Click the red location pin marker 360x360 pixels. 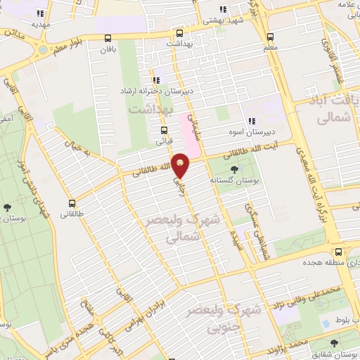pos(181,165)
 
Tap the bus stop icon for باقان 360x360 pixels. pos(107,39)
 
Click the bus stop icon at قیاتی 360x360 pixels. pos(164,130)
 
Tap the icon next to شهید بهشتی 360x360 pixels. pos(224,9)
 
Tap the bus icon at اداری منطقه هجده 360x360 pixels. pos(339,252)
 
